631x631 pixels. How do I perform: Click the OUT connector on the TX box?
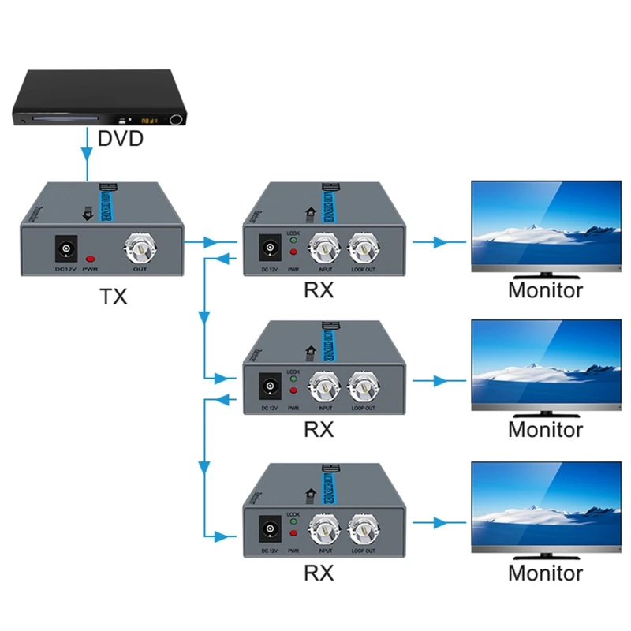tap(139, 251)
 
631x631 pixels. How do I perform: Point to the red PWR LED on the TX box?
tap(91, 259)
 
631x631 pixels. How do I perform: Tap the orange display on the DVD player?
tap(149, 121)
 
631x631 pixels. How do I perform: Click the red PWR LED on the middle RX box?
tap(293, 390)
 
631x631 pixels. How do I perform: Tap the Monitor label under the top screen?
tap(545, 290)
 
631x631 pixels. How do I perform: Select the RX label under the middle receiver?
tap(319, 430)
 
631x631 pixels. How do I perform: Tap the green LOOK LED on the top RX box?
tap(293, 241)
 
